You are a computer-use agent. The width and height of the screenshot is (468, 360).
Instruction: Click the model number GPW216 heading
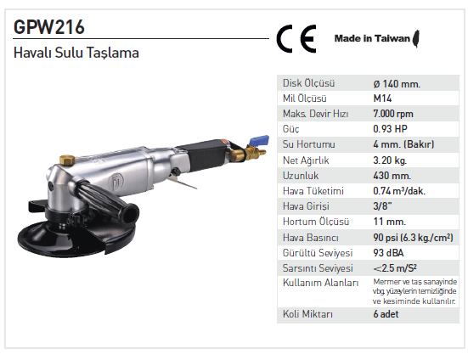[49, 27]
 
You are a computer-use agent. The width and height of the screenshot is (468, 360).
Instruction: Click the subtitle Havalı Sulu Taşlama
[76, 53]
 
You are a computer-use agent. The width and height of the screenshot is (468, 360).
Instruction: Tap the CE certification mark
[296, 39]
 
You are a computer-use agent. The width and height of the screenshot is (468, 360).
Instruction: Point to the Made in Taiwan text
[372, 38]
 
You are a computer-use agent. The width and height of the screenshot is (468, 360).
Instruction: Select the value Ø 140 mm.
[397, 84]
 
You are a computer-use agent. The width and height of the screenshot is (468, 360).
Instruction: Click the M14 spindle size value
[382, 98]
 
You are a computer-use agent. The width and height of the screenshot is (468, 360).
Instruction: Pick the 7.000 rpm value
[393, 114]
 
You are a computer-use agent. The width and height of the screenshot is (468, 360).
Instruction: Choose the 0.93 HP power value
[390, 129]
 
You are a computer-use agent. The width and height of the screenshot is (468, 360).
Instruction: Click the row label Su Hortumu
[309, 144]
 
